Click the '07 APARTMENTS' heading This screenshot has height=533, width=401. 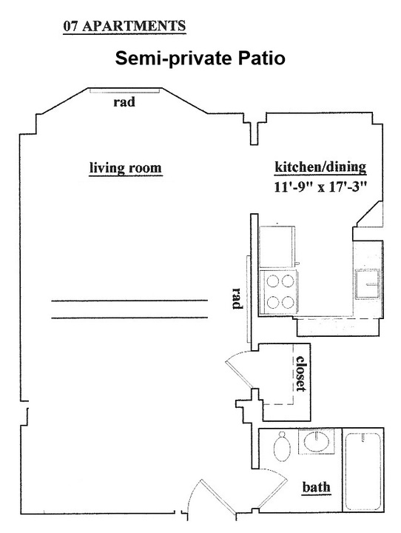(x=124, y=26)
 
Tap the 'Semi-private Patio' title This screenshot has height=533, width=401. (x=200, y=58)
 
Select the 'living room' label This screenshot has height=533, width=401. (x=125, y=168)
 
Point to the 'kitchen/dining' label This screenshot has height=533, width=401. (x=320, y=167)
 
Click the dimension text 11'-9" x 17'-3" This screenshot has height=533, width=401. (x=321, y=187)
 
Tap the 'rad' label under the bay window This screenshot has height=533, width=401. (x=124, y=101)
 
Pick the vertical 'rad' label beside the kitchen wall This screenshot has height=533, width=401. (x=237, y=298)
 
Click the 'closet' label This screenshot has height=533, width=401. (x=301, y=373)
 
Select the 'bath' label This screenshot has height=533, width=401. (x=317, y=487)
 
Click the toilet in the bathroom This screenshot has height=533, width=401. (x=282, y=446)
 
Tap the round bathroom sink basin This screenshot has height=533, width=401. (x=317, y=441)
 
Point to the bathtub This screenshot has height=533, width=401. (x=363, y=471)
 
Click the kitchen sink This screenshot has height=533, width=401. (x=368, y=284)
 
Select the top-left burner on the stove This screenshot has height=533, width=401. (x=272, y=281)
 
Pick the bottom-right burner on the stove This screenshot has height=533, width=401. (x=288, y=302)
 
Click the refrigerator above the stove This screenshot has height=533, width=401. (x=276, y=247)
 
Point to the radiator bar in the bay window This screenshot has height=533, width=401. (x=125, y=90)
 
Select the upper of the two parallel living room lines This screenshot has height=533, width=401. (x=129, y=301)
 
